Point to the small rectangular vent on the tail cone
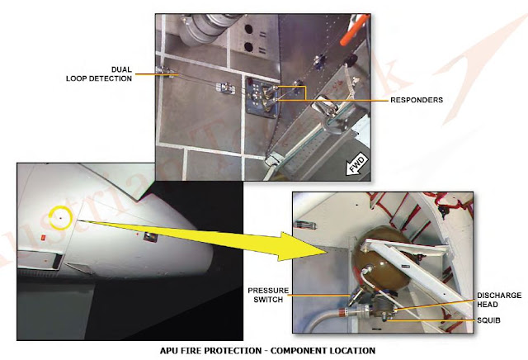tap(151, 238)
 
